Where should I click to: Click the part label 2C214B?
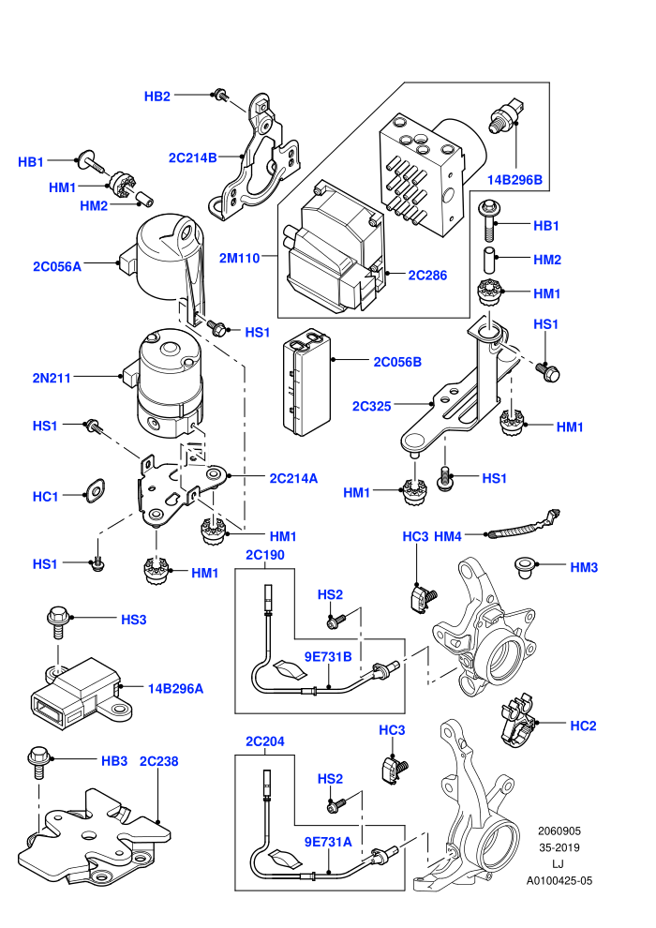(192, 158)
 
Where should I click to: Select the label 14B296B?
(514, 180)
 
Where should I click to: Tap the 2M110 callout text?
(240, 258)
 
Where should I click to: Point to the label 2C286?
(427, 276)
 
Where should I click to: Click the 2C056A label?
(57, 267)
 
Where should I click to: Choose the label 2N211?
(52, 378)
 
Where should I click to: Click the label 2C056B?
(397, 362)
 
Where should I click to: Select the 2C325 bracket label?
(371, 406)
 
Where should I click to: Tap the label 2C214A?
(293, 478)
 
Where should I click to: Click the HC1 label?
(46, 497)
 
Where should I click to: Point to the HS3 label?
(134, 620)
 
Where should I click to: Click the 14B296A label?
(175, 689)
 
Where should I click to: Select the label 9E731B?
(328, 657)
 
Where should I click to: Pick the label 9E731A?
(328, 842)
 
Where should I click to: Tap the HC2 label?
(583, 726)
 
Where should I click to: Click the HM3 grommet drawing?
(524, 566)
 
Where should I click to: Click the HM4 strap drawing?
(523, 525)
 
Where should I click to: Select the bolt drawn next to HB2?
(220, 94)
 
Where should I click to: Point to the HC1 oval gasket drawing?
(95, 490)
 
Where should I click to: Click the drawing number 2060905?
(559, 831)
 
